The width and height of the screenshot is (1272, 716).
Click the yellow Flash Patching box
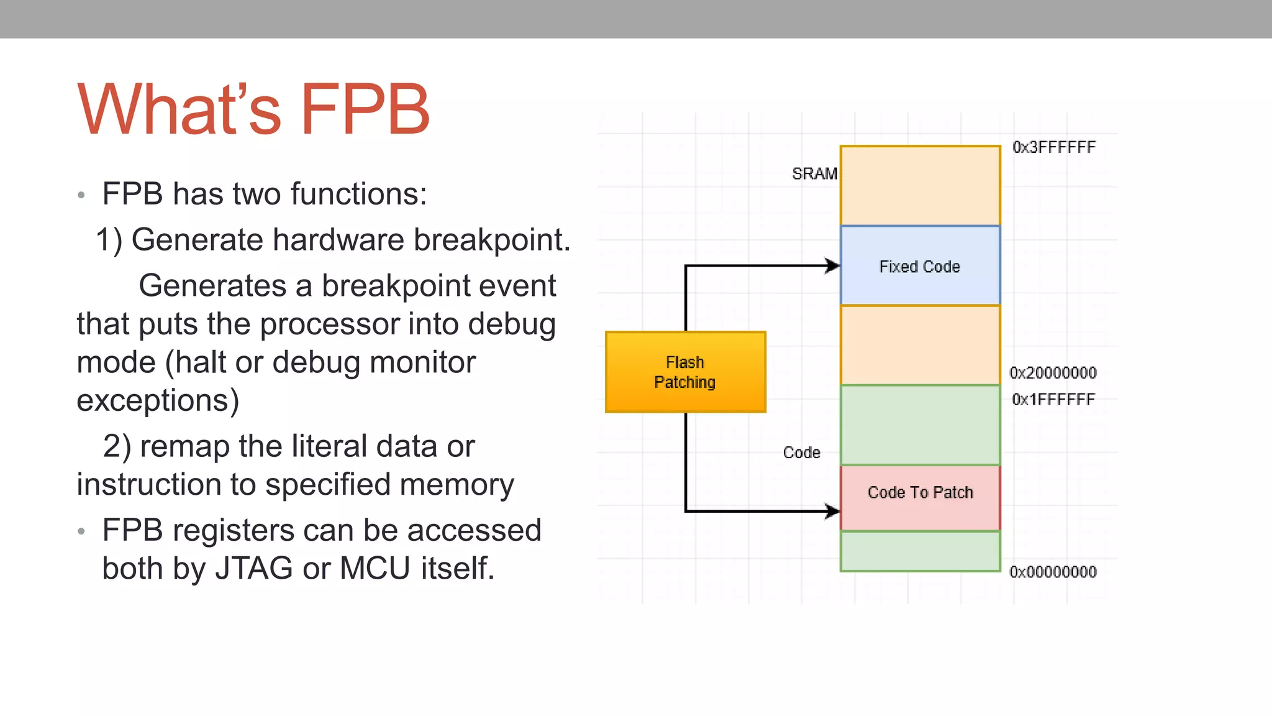click(685, 372)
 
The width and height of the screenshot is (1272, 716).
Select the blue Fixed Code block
click(920, 265)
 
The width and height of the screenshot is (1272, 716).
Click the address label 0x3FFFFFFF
click(1053, 147)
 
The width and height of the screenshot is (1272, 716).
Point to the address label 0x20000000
click(1053, 373)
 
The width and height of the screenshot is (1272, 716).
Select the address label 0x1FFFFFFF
click(1053, 400)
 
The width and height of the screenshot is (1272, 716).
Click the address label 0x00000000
click(1053, 572)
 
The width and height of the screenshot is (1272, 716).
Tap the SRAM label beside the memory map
click(814, 174)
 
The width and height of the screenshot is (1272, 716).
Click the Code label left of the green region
click(801, 452)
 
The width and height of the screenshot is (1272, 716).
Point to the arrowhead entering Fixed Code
click(833, 266)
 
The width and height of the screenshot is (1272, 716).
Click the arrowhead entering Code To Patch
click(833, 512)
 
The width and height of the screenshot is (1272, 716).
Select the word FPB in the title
click(365, 109)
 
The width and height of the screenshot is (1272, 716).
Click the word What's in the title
click(179, 109)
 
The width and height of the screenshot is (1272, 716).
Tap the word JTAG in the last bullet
click(253, 568)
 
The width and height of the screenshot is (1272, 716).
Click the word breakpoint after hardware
click(492, 240)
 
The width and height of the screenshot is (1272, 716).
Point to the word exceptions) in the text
click(158, 400)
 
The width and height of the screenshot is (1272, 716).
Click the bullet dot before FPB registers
click(81, 531)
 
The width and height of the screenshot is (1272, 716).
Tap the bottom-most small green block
click(920, 551)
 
